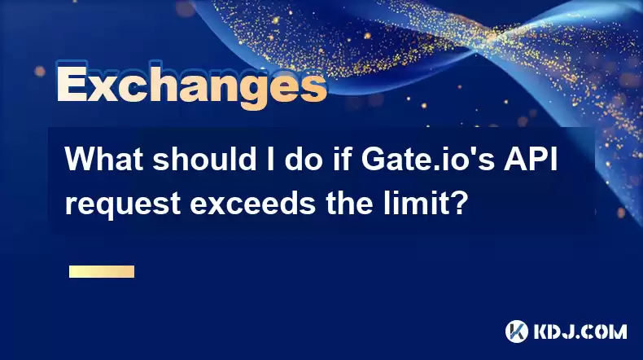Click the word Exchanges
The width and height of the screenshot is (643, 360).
click(192, 86)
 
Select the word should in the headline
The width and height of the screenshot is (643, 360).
click(204, 160)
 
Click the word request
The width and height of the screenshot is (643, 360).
click(123, 204)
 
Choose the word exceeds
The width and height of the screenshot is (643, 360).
click(253, 203)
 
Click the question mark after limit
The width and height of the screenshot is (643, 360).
click(459, 203)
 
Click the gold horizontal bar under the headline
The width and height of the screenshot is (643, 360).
click(102, 271)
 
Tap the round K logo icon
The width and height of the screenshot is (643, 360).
click(516, 331)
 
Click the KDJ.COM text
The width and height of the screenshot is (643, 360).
click(580, 331)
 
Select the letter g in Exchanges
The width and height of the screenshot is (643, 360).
click(257, 91)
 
